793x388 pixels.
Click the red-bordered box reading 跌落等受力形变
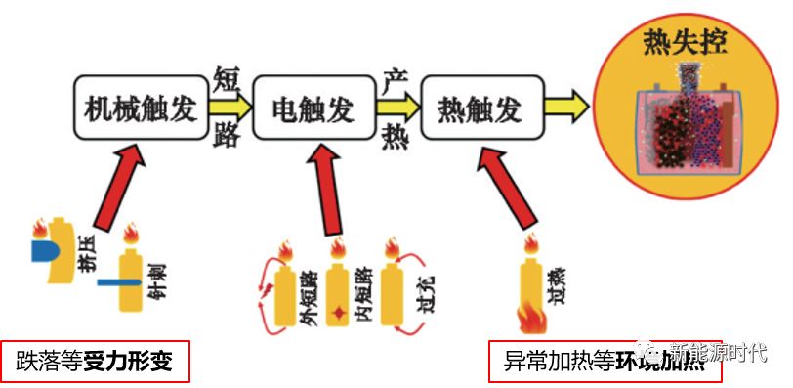[x=94, y=362]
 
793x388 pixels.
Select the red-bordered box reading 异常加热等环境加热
[x=587, y=362]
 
